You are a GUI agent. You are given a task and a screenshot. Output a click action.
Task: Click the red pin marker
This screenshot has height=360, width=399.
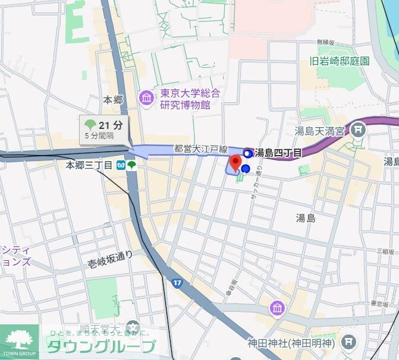click(x=235, y=163)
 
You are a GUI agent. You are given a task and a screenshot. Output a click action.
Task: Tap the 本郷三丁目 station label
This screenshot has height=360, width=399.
click(x=89, y=165)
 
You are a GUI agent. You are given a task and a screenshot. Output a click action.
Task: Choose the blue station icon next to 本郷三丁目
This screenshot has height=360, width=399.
click(x=121, y=165)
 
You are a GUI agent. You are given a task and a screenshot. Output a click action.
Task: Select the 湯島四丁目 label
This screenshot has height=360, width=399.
click(x=277, y=153)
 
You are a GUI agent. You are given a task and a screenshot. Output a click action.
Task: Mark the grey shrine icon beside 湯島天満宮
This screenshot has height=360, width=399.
click(x=358, y=129)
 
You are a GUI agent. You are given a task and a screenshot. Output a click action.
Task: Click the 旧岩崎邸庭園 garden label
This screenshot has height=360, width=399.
click(x=340, y=61)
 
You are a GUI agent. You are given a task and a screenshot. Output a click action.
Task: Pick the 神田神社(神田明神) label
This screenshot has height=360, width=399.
click(x=292, y=343)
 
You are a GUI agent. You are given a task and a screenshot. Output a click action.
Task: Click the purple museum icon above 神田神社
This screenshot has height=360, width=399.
click(x=277, y=308)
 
